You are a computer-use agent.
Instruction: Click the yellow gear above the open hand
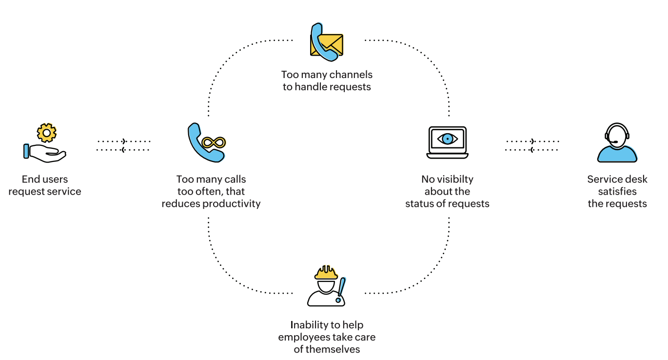[x=47, y=132]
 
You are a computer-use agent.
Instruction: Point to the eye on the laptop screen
[x=447, y=139]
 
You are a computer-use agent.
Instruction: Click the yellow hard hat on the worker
[x=326, y=273]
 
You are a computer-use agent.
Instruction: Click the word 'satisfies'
[x=617, y=191]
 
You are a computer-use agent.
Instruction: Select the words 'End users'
[x=45, y=179]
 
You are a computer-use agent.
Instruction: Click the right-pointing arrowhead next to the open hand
[x=124, y=141]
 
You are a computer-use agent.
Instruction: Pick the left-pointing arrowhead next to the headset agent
[x=531, y=150]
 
